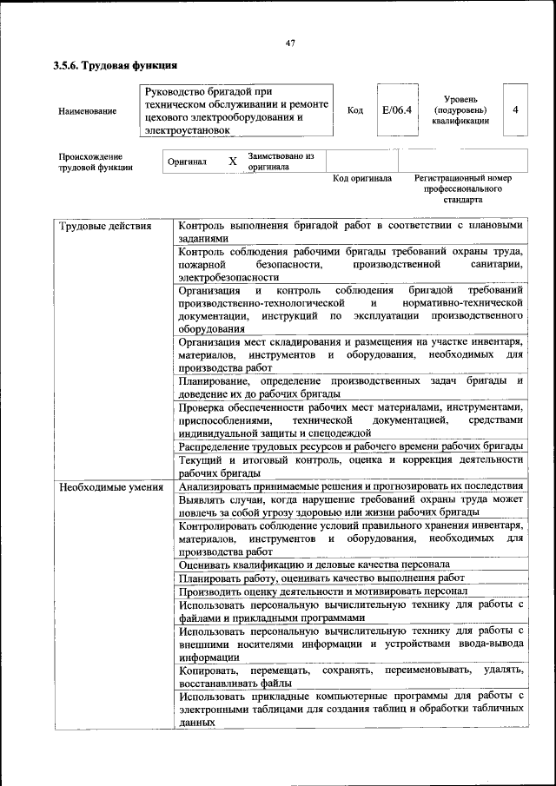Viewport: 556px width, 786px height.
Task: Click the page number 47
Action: tap(290, 43)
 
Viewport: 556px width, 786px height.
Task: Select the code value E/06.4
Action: tap(396, 110)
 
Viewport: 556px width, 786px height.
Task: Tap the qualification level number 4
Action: tap(515, 110)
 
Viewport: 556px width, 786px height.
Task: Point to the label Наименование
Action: tap(87, 111)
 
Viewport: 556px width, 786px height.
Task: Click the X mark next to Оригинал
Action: tap(232, 162)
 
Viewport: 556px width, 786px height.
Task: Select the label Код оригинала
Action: tap(362, 178)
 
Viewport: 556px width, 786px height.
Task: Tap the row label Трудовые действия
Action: tap(105, 227)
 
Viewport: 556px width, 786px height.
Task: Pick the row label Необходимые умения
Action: tap(111, 486)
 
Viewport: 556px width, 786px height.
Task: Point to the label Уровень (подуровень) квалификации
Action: tap(460, 110)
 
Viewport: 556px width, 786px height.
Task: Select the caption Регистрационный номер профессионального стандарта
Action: tap(463, 188)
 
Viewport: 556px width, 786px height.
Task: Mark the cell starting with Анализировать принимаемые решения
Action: tap(350, 486)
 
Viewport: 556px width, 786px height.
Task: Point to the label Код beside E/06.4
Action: tap(354, 110)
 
